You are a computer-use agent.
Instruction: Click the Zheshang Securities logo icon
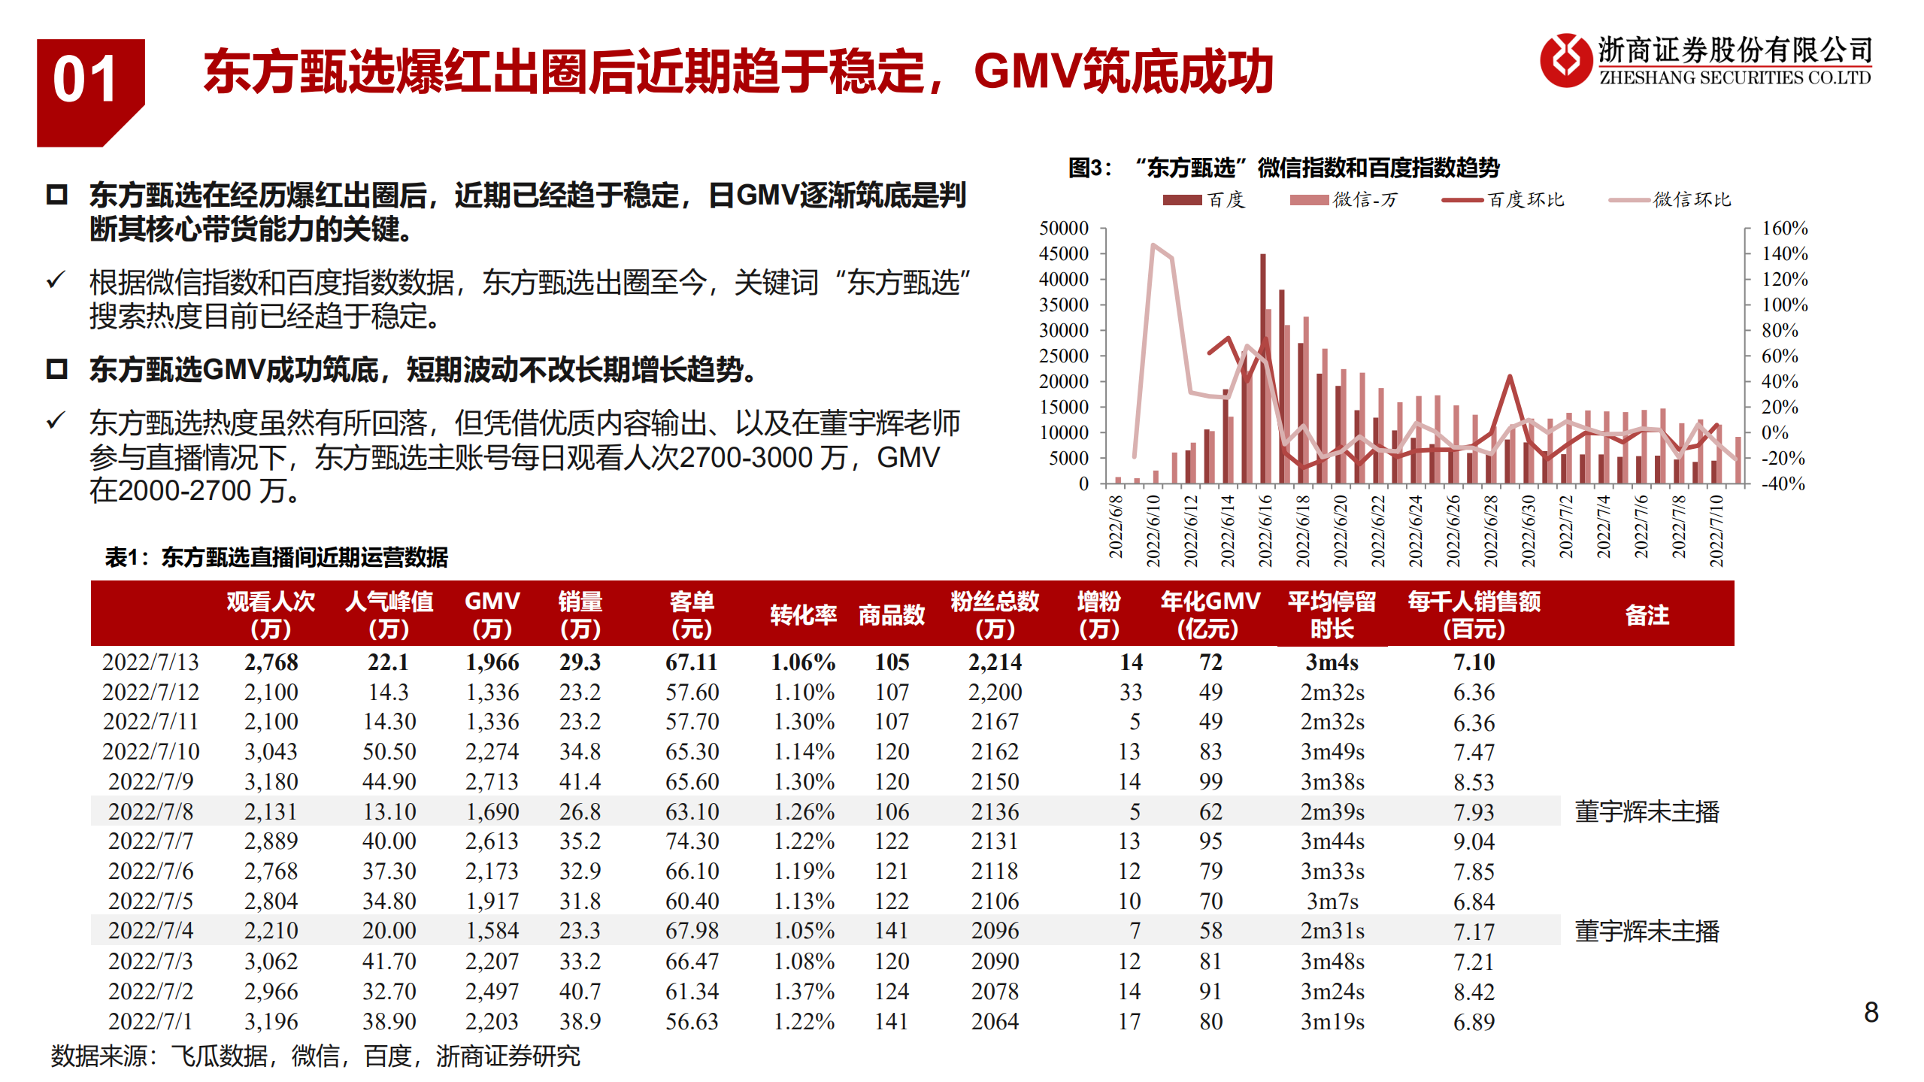point(1565,61)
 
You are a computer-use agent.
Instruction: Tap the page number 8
point(1871,1012)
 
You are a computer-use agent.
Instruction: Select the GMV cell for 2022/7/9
point(492,781)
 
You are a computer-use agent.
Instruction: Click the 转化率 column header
point(803,614)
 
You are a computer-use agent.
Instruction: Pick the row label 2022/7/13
point(150,662)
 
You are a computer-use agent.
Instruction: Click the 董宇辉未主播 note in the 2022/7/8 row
point(1647,811)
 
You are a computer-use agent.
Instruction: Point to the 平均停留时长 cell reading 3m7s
point(1332,901)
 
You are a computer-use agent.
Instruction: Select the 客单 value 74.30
point(692,841)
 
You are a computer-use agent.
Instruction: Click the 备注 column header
point(1647,614)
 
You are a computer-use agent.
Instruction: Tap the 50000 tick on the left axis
point(1063,229)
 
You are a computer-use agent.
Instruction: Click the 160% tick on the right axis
point(1784,229)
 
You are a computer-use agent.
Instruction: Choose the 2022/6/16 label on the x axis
point(1265,530)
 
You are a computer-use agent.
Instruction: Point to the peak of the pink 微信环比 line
point(1153,245)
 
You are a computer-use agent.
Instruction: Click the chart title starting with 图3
point(1283,168)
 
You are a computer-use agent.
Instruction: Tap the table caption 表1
point(276,557)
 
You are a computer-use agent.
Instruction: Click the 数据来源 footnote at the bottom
point(315,1056)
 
